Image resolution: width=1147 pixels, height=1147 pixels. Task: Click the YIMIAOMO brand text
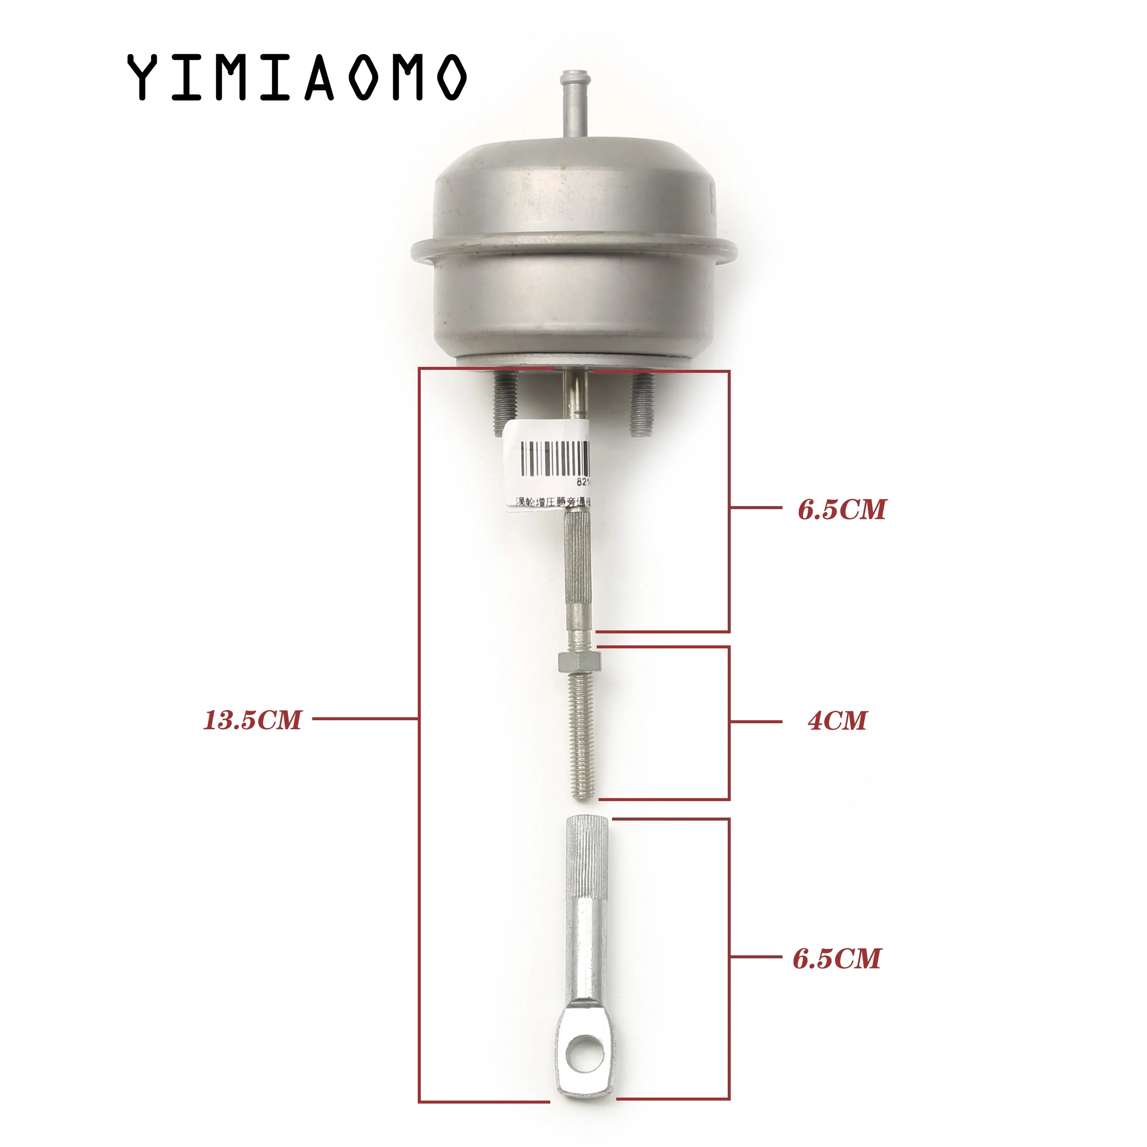click(x=297, y=77)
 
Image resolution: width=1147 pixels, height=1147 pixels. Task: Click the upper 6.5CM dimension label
click(x=842, y=509)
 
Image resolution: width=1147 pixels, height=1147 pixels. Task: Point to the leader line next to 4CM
click(x=756, y=721)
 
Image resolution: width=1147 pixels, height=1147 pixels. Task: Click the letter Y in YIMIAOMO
click(x=143, y=77)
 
